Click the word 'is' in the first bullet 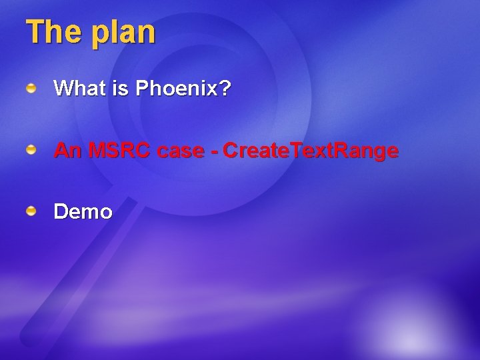click(121, 88)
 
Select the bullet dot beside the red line click(31, 151)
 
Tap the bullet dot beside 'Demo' click(31, 212)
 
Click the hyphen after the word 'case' click(213, 152)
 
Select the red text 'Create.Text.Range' click(311, 151)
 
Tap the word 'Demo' click(83, 212)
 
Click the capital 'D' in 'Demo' click(61, 212)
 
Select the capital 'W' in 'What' click(64, 88)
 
